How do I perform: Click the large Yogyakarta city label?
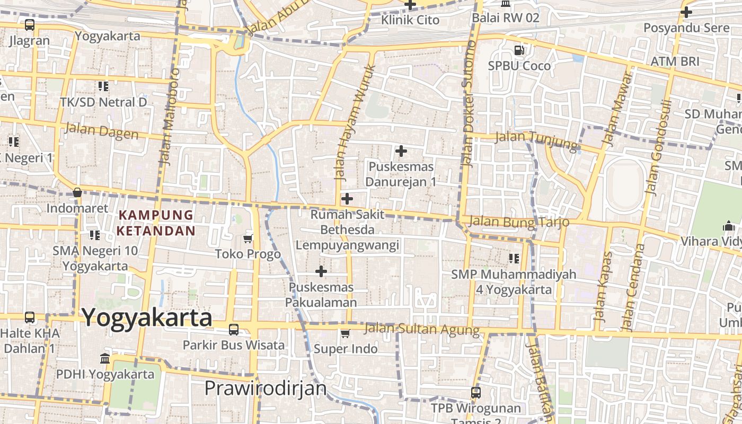[147, 318]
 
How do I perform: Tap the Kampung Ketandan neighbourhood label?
[156, 223]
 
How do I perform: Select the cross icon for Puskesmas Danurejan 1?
[401, 151]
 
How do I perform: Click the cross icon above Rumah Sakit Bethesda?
[347, 199]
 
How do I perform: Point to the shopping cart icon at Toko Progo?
[248, 239]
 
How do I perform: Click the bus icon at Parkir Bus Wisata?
[233, 330]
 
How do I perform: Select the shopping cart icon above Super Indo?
[345, 333]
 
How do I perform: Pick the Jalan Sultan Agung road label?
[422, 329]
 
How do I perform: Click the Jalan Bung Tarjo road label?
[519, 222]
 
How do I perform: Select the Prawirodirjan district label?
[266, 388]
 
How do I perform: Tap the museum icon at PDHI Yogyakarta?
[105, 359]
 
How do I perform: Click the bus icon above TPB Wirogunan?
[476, 393]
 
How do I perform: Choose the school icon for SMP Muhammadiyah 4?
[514, 259]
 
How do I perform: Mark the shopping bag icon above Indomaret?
[77, 192]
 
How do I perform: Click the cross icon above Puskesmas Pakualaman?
[321, 271]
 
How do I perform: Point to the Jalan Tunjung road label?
[535, 140]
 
